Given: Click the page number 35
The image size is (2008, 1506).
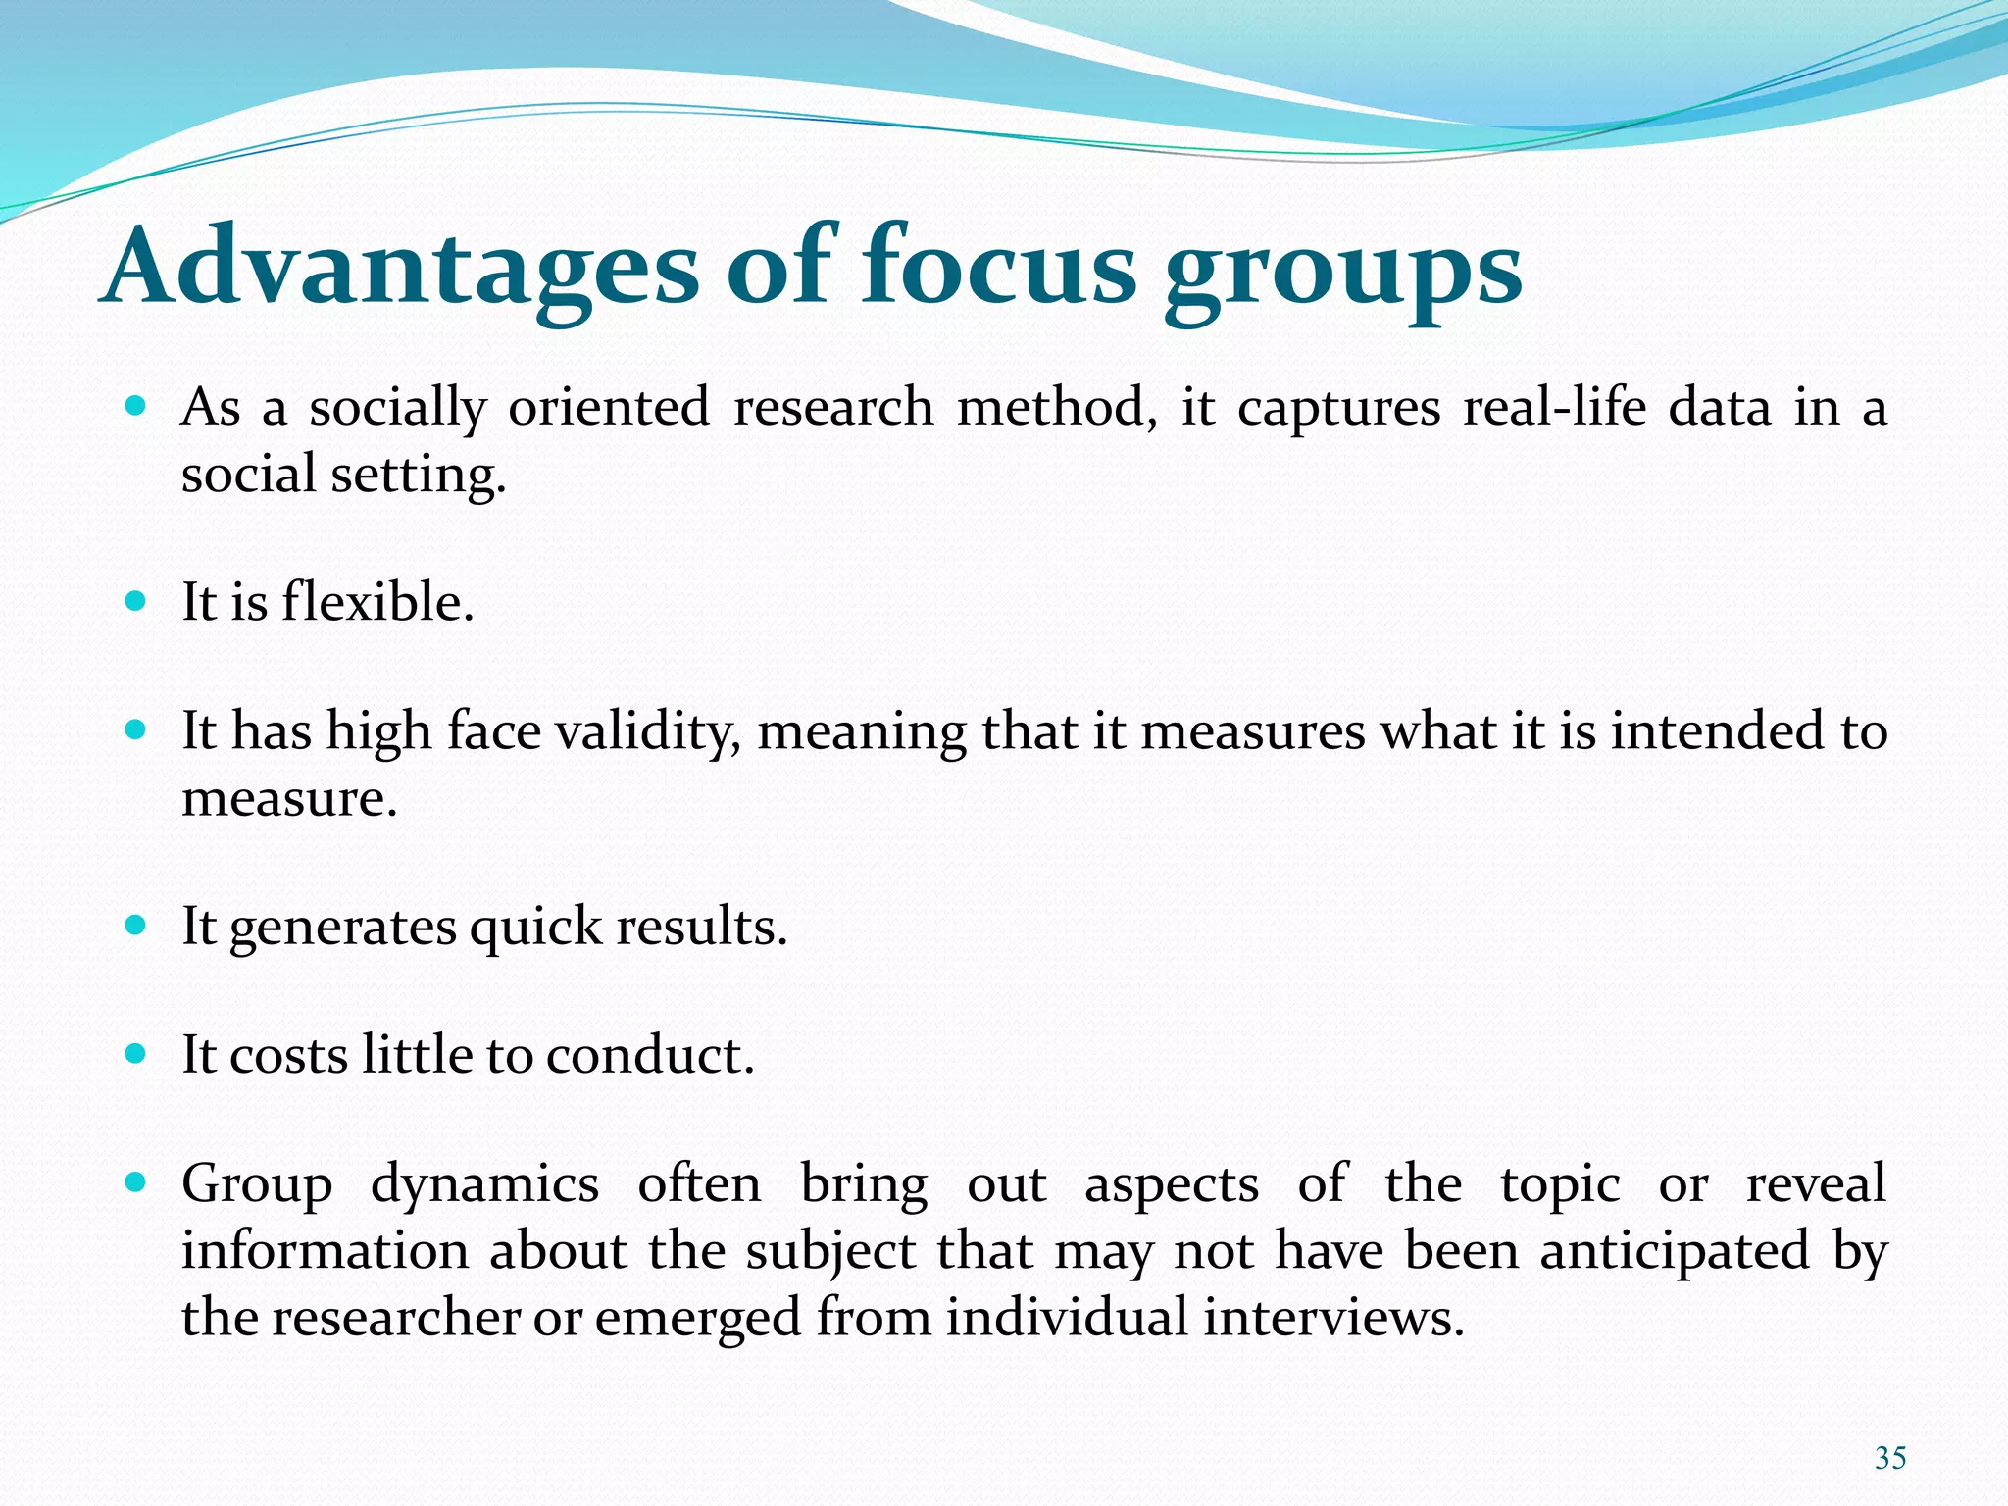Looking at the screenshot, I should click(1889, 1458).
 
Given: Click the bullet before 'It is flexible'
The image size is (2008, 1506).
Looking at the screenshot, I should click(136, 600).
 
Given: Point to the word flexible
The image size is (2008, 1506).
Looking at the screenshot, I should click(377, 601).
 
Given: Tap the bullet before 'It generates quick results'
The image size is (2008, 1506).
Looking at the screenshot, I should click(136, 925).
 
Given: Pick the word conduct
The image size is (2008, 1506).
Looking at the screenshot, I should click(650, 1055).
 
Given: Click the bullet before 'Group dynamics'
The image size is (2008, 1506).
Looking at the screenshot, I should click(136, 1182).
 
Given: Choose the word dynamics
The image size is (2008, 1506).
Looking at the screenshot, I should click(484, 1184).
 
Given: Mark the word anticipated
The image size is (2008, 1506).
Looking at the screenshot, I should click(1675, 1251).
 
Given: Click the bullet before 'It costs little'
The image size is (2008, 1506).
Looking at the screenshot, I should click(136, 1054).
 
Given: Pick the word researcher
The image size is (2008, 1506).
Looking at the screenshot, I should click(396, 1317).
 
